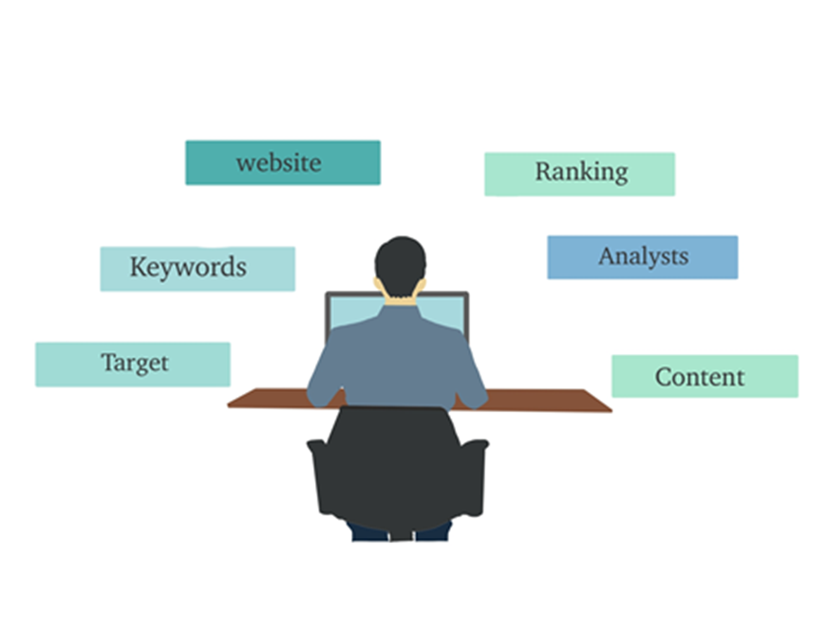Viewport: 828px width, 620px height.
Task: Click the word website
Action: (279, 162)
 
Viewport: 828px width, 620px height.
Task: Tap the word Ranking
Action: (581, 172)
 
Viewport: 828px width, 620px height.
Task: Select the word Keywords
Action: (188, 267)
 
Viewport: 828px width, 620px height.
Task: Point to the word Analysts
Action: (643, 257)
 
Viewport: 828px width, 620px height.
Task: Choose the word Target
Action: (135, 364)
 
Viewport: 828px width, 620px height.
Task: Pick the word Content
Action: (700, 377)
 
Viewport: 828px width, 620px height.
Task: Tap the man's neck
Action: (400, 300)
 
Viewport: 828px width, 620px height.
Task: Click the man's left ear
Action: (378, 284)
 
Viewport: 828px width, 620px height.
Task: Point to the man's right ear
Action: (422, 285)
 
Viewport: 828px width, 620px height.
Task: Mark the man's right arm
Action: (471, 371)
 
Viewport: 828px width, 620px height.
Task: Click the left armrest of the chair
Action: (318, 477)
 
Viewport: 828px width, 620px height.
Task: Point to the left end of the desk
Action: (228, 405)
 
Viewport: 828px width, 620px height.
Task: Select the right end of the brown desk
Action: (611, 409)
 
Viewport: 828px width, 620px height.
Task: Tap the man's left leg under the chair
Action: (369, 533)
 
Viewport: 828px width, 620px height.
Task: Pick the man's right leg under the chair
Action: (433, 533)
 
